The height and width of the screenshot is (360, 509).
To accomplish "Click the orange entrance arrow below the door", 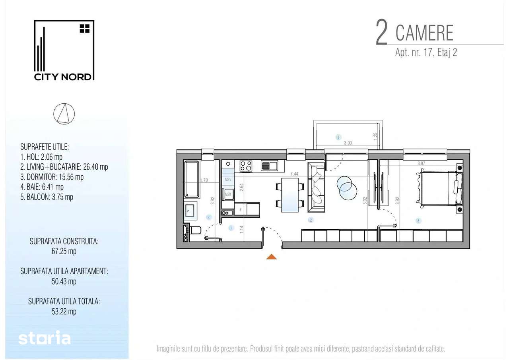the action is (272, 257).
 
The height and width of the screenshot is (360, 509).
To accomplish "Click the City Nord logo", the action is (64, 50).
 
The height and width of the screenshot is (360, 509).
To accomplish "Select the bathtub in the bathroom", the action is (192, 179).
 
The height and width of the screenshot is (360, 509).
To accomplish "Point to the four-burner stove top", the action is (246, 166).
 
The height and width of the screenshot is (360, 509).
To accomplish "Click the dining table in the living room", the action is (290, 195).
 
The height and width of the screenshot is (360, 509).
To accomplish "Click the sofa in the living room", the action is (316, 187).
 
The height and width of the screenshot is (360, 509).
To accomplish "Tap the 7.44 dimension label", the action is (294, 174).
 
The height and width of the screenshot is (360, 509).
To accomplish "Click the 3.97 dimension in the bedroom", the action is (421, 163).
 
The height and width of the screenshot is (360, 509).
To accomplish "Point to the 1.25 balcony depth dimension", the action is (375, 136).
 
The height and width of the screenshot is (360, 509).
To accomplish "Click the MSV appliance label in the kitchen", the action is (228, 180).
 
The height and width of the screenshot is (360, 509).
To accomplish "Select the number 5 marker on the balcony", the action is (338, 137).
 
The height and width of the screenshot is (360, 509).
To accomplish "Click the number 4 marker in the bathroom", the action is (209, 217).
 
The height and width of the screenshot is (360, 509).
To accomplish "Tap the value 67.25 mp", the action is (64, 251).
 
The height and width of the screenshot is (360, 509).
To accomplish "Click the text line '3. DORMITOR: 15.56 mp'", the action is (52, 177).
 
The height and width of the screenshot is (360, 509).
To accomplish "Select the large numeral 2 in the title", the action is (382, 32).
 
